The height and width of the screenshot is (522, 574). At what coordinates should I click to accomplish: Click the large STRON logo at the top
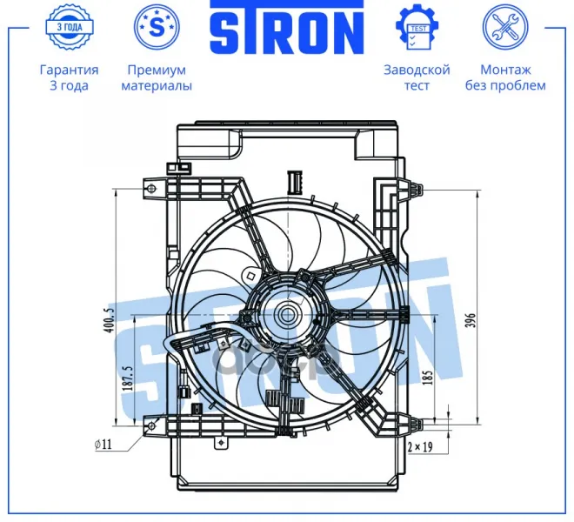287,28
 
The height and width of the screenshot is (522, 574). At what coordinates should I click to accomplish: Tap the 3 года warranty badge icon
70,27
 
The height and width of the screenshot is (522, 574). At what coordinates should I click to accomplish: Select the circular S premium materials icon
157,27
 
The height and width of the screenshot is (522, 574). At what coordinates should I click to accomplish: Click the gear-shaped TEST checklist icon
417,27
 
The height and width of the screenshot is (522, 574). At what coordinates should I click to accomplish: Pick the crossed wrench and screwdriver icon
505,27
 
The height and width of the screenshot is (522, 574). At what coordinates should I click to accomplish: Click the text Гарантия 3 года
70,77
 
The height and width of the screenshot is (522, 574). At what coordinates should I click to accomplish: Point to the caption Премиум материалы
157,77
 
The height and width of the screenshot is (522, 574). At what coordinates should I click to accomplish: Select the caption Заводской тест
417,77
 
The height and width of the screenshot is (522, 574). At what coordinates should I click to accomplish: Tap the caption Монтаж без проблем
505,77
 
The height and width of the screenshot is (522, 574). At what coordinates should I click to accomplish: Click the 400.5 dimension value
109,320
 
